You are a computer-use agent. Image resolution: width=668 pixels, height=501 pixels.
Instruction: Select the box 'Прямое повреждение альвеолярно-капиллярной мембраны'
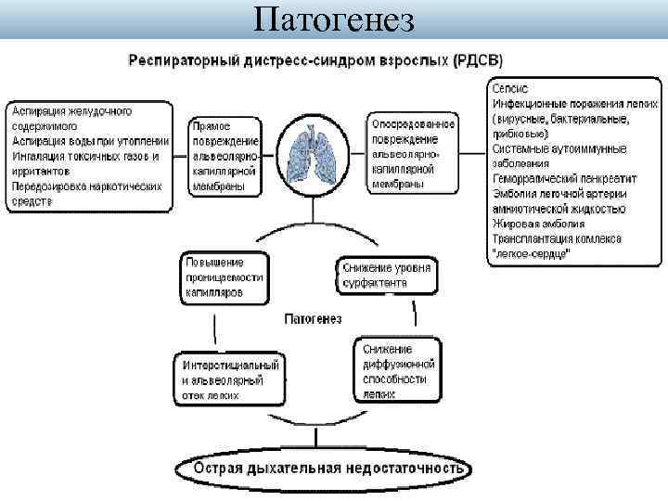point(225,155)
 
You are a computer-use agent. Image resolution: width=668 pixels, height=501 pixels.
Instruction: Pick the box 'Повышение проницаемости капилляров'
point(225,277)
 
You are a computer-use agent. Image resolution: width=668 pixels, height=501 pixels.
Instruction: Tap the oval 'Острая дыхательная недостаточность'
point(328,468)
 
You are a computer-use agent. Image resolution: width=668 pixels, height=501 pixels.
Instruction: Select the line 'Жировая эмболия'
point(538,223)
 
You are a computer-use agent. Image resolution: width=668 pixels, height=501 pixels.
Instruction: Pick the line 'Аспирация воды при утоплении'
point(91,141)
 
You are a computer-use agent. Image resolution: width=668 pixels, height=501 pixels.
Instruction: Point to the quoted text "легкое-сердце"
point(533,252)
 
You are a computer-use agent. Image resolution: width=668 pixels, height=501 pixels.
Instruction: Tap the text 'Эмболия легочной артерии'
point(559,193)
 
